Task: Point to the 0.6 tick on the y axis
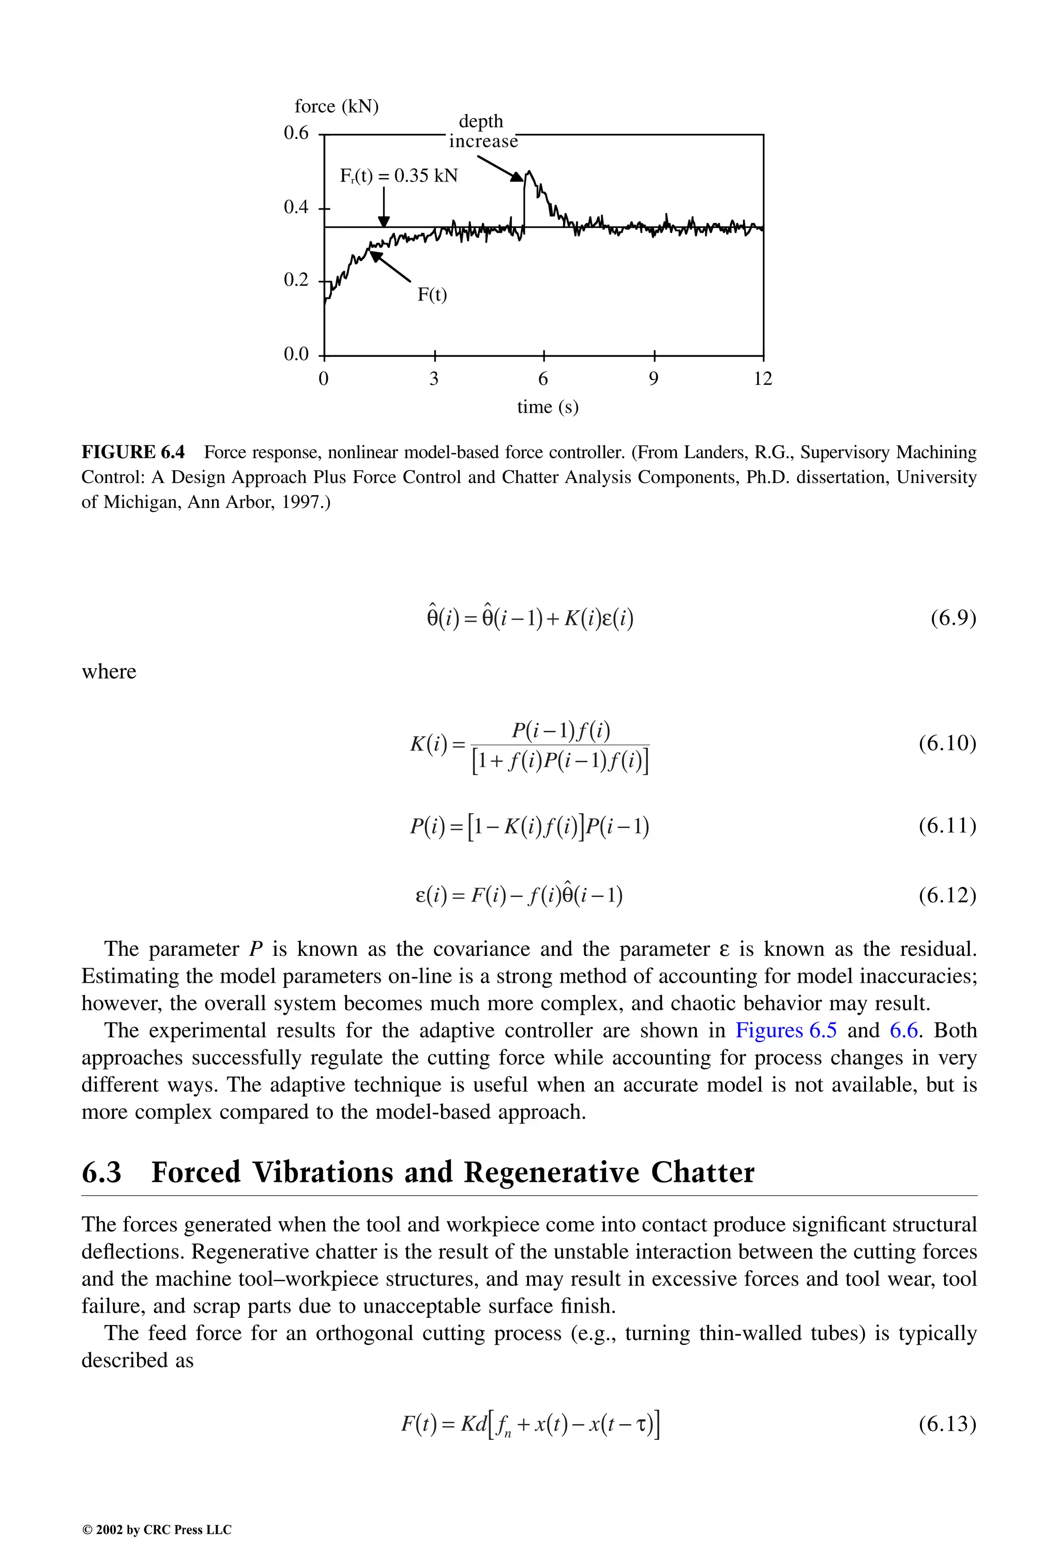pos(296,133)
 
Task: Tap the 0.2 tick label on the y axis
pos(296,280)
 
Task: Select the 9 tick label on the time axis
pos(654,379)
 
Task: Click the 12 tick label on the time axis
pos(763,379)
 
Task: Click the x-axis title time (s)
pos(548,407)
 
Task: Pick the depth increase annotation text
pos(482,131)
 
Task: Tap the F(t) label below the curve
pos(432,294)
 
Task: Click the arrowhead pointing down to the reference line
pos(384,222)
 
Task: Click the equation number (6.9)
pos(953,619)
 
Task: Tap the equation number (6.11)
pos(947,826)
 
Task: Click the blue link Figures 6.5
pos(786,1030)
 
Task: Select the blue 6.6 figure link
pos(904,1030)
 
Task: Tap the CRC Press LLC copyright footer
pos(157,1529)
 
